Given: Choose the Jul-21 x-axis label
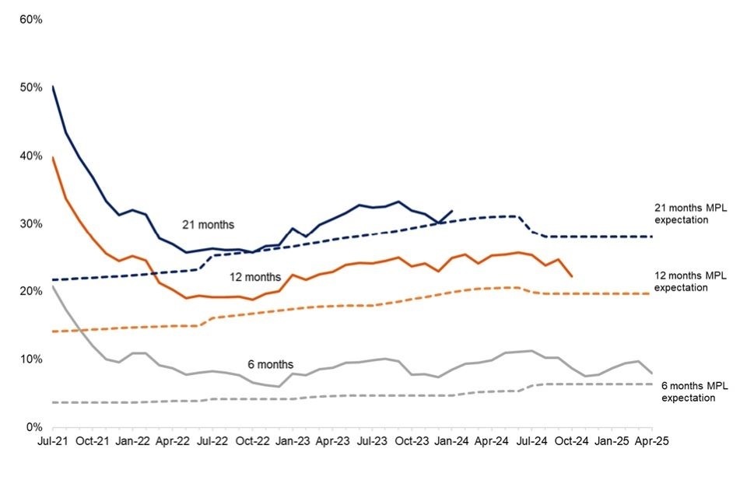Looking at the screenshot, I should click(x=52, y=440).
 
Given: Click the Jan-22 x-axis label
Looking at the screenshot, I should click(x=132, y=440).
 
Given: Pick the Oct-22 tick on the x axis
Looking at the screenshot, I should click(x=252, y=440).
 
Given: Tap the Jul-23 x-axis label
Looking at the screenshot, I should click(x=372, y=440).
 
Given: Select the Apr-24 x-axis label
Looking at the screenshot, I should click(x=492, y=440).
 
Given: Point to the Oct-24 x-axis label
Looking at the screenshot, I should click(x=572, y=440).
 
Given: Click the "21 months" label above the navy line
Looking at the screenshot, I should click(x=208, y=225).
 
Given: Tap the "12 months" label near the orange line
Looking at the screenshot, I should click(x=254, y=276).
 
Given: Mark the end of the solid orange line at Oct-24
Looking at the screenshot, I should click(x=572, y=276).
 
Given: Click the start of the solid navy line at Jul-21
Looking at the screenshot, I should click(x=53, y=86).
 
